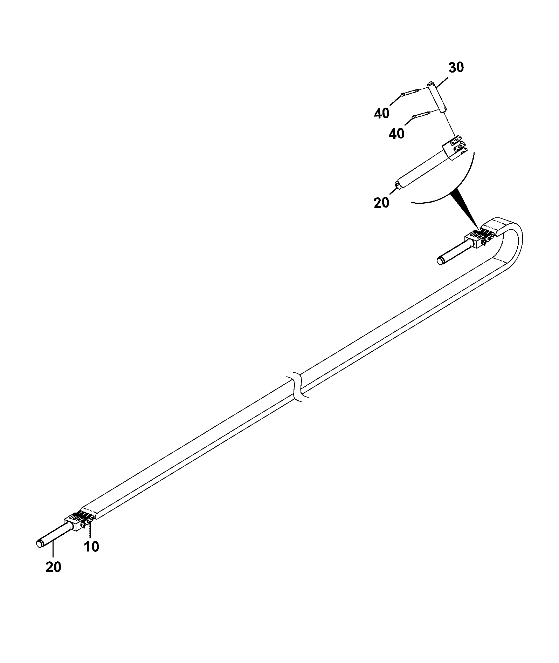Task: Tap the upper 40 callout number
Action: tap(382, 113)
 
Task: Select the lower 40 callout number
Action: tap(396, 134)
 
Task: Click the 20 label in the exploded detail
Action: tap(381, 203)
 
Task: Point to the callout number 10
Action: tap(91, 547)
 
